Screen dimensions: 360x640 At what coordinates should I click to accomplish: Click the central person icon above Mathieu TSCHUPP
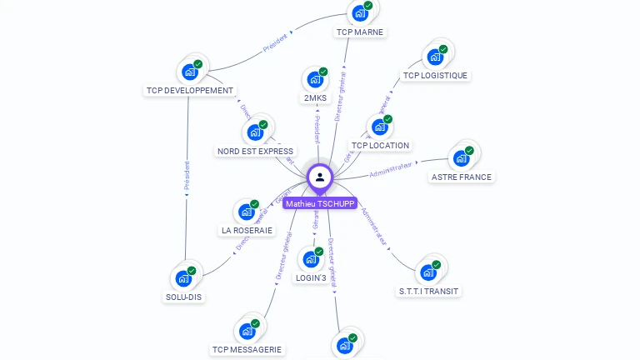tap(320, 177)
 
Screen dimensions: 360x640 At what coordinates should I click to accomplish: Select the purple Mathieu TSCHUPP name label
tap(320, 203)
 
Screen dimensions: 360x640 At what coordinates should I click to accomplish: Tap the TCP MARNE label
tap(360, 32)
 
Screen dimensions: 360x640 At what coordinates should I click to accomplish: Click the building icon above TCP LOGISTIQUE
tap(434, 57)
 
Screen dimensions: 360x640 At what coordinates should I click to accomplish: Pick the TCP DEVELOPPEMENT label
tap(190, 91)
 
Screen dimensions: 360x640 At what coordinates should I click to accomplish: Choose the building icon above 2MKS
tap(314, 80)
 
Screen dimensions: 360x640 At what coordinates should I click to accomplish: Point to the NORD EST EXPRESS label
tap(255, 152)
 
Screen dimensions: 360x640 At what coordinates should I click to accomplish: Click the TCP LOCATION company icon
tap(379, 127)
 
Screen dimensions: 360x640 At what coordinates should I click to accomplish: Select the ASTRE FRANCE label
tap(462, 177)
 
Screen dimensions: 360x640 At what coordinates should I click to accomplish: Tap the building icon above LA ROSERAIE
tap(247, 212)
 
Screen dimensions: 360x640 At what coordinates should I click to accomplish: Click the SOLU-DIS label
tap(183, 297)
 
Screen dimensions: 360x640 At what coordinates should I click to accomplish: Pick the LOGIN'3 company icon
tap(310, 259)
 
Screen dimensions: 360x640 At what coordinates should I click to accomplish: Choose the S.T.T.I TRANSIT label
tap(428, 291)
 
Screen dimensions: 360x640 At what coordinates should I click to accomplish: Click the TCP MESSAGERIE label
tap(247, 350)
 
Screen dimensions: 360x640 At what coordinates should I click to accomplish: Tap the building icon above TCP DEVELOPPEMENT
tap(190, 72)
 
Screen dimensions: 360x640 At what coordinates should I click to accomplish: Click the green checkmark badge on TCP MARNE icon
tap(368, 6)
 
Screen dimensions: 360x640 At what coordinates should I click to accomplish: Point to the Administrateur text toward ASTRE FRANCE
tap(391, 169)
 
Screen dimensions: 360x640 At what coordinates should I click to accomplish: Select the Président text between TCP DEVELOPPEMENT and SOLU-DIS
tap(187, 177)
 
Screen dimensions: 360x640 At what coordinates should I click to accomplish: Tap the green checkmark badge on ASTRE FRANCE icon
tap(469, 151)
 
